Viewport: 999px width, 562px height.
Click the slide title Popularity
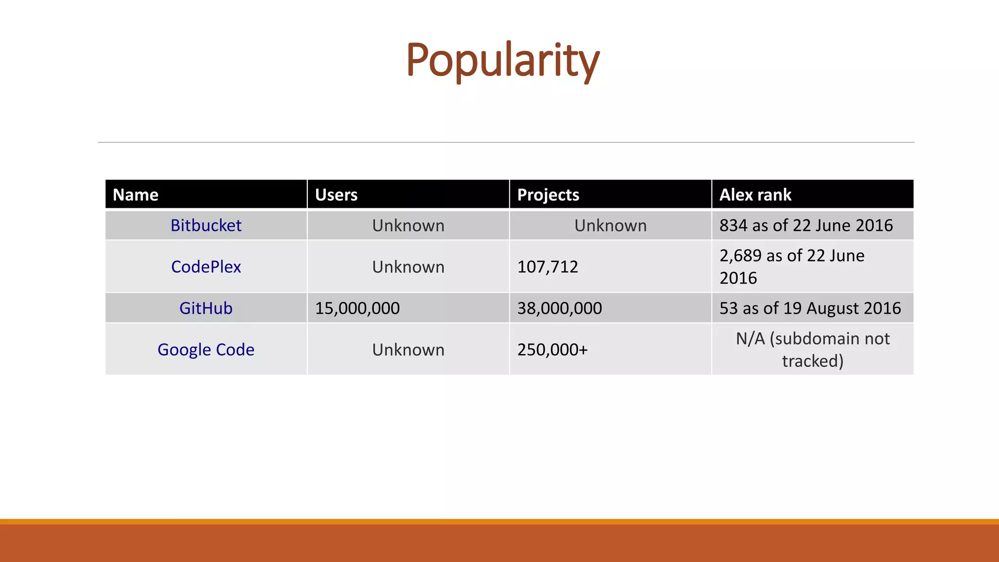(x=502, y=60)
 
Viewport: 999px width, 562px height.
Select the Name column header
(x=136, y=195)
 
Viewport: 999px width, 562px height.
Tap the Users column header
(x=336, y=195)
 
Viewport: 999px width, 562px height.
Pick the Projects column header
(x=548, y=195)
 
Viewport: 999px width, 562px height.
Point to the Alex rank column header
(x=755, y=195)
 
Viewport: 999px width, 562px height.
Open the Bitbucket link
(x=206, y=225)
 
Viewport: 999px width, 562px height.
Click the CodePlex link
(x=206, y=267)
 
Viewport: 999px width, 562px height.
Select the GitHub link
(x=206, y=308)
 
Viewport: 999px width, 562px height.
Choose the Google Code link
(x=206, y=350)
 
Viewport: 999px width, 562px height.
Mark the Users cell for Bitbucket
(x=408, y=225)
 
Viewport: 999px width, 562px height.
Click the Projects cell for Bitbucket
(x=610, y=225)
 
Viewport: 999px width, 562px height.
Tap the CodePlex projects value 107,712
(x=547, y=267)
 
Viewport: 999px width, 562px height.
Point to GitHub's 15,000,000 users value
(x=357, y=308)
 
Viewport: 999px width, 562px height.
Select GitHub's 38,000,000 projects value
(x=559, y=308)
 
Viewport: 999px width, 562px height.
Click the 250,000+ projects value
(x=552, y=350)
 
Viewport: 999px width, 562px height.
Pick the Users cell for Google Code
(x=408, y=350)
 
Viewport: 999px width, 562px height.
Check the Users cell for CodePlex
(x=408, y=267)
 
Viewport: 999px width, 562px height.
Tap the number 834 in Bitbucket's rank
(x=733, y=225)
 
